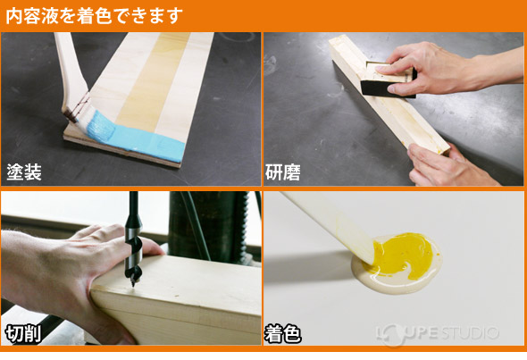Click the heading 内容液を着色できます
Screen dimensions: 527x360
point(95,16)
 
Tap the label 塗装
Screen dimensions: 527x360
point(24,172)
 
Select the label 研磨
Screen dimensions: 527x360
point(282,172)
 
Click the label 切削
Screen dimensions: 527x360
point(23,334)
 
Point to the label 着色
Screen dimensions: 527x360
point(282,334)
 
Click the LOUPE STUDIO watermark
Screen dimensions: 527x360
point(437,334)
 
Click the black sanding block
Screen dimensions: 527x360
point(387,84)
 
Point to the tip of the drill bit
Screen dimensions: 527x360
point(133,285)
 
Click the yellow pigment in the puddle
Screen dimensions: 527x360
point(404,254)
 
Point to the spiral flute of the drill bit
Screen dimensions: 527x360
point(134,259)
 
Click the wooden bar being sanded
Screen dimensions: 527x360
point(387,96)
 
